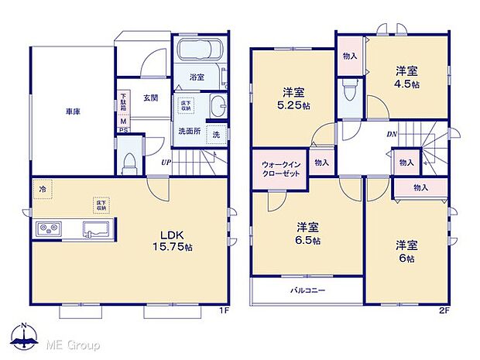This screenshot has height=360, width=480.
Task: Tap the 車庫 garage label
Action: pos(74,111)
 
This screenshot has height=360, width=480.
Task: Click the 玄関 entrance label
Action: pos(151,98)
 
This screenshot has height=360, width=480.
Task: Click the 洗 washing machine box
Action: pos(216,134)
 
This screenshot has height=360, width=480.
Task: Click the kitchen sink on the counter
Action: pos(97,229)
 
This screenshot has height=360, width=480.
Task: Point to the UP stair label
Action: pos(166,163)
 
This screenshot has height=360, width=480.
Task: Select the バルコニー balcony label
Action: pos(308,290)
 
